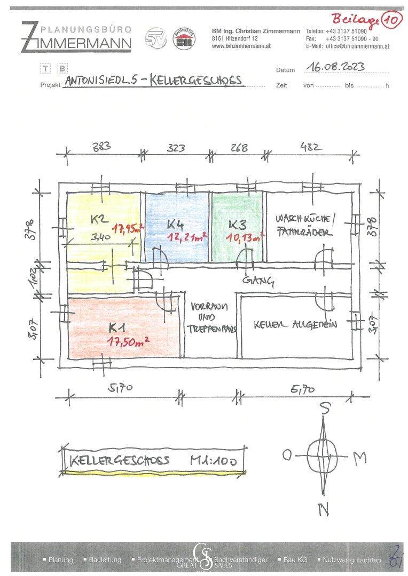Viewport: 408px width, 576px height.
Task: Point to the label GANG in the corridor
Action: point(257,281)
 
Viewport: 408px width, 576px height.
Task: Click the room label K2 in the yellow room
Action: point(98,219)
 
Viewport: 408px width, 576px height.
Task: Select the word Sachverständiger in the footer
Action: point(241,560)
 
